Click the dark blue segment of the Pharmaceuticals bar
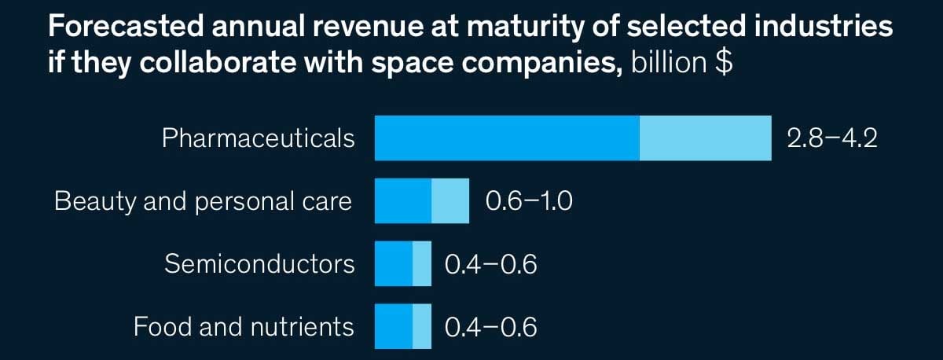click(x=507, y=138)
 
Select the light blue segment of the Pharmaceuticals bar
click(x=705, y=138)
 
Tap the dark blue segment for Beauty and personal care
click(x=403, y=201)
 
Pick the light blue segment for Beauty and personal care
click(x=450, y=201)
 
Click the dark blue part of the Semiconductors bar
click(x=394, y=264)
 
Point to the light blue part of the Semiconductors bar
click(x=422, y=264)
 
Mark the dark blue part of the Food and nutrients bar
click(x=394, y=326)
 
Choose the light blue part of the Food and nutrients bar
click(x=422, y=326)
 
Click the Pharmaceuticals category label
click(x=258, y=139)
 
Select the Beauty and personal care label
click(x=203, y=201)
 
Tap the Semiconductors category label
click(x=259, y=264)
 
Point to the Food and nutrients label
click(x=244, y=326)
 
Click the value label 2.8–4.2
click(x=831, y=139)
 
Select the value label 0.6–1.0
click(x=529, y=201)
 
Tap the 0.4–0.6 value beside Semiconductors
click(x=491, y=264)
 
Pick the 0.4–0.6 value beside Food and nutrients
click(x=491, y=326)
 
